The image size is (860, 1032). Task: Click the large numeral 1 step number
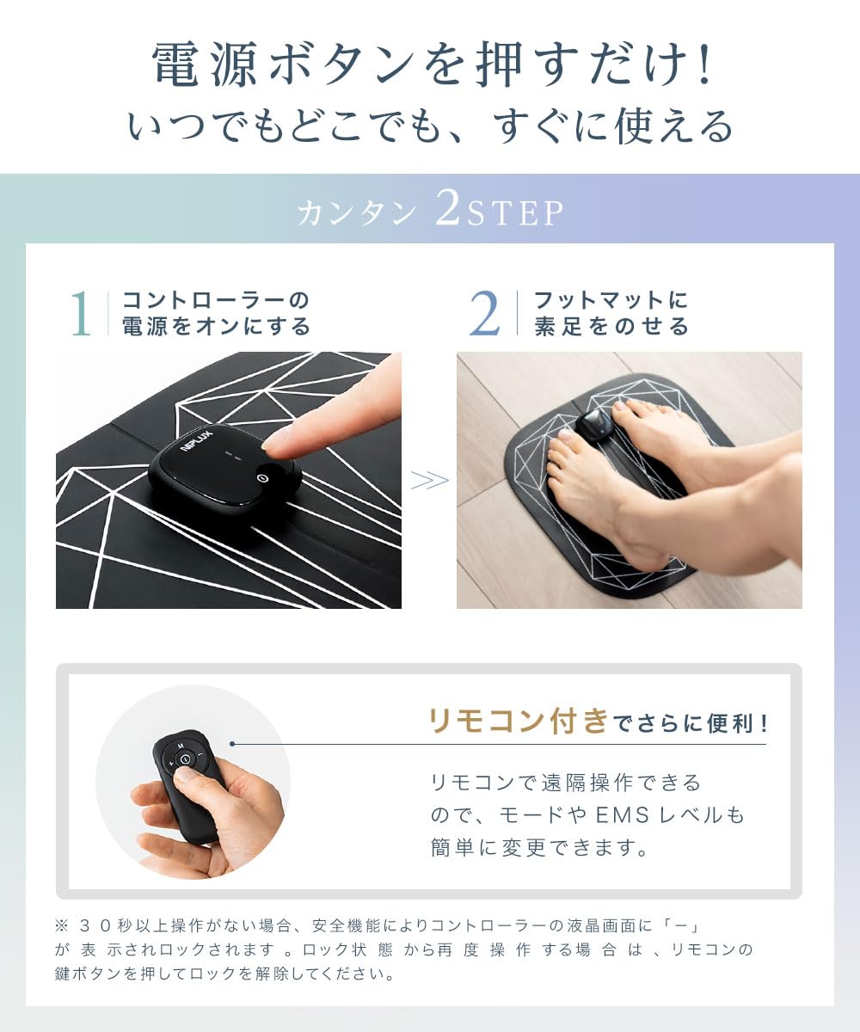tap(80, 314)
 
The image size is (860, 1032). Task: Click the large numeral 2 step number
tap(485, 314)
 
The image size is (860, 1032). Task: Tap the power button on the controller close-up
tap(262, 476)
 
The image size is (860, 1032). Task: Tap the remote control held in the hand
tap(188, 783)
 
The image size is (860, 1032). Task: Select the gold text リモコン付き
tap(519, 721)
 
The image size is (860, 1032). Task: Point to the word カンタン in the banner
tap(356, 214)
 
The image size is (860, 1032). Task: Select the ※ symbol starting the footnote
tap(60, 926)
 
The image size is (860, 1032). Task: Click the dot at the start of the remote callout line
tap(232, 744)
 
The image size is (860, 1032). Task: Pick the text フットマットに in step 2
tap(611, 301)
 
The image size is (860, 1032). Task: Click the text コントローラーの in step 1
tap(216, 301)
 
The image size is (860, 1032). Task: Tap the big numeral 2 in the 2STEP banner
tap(447, 210)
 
